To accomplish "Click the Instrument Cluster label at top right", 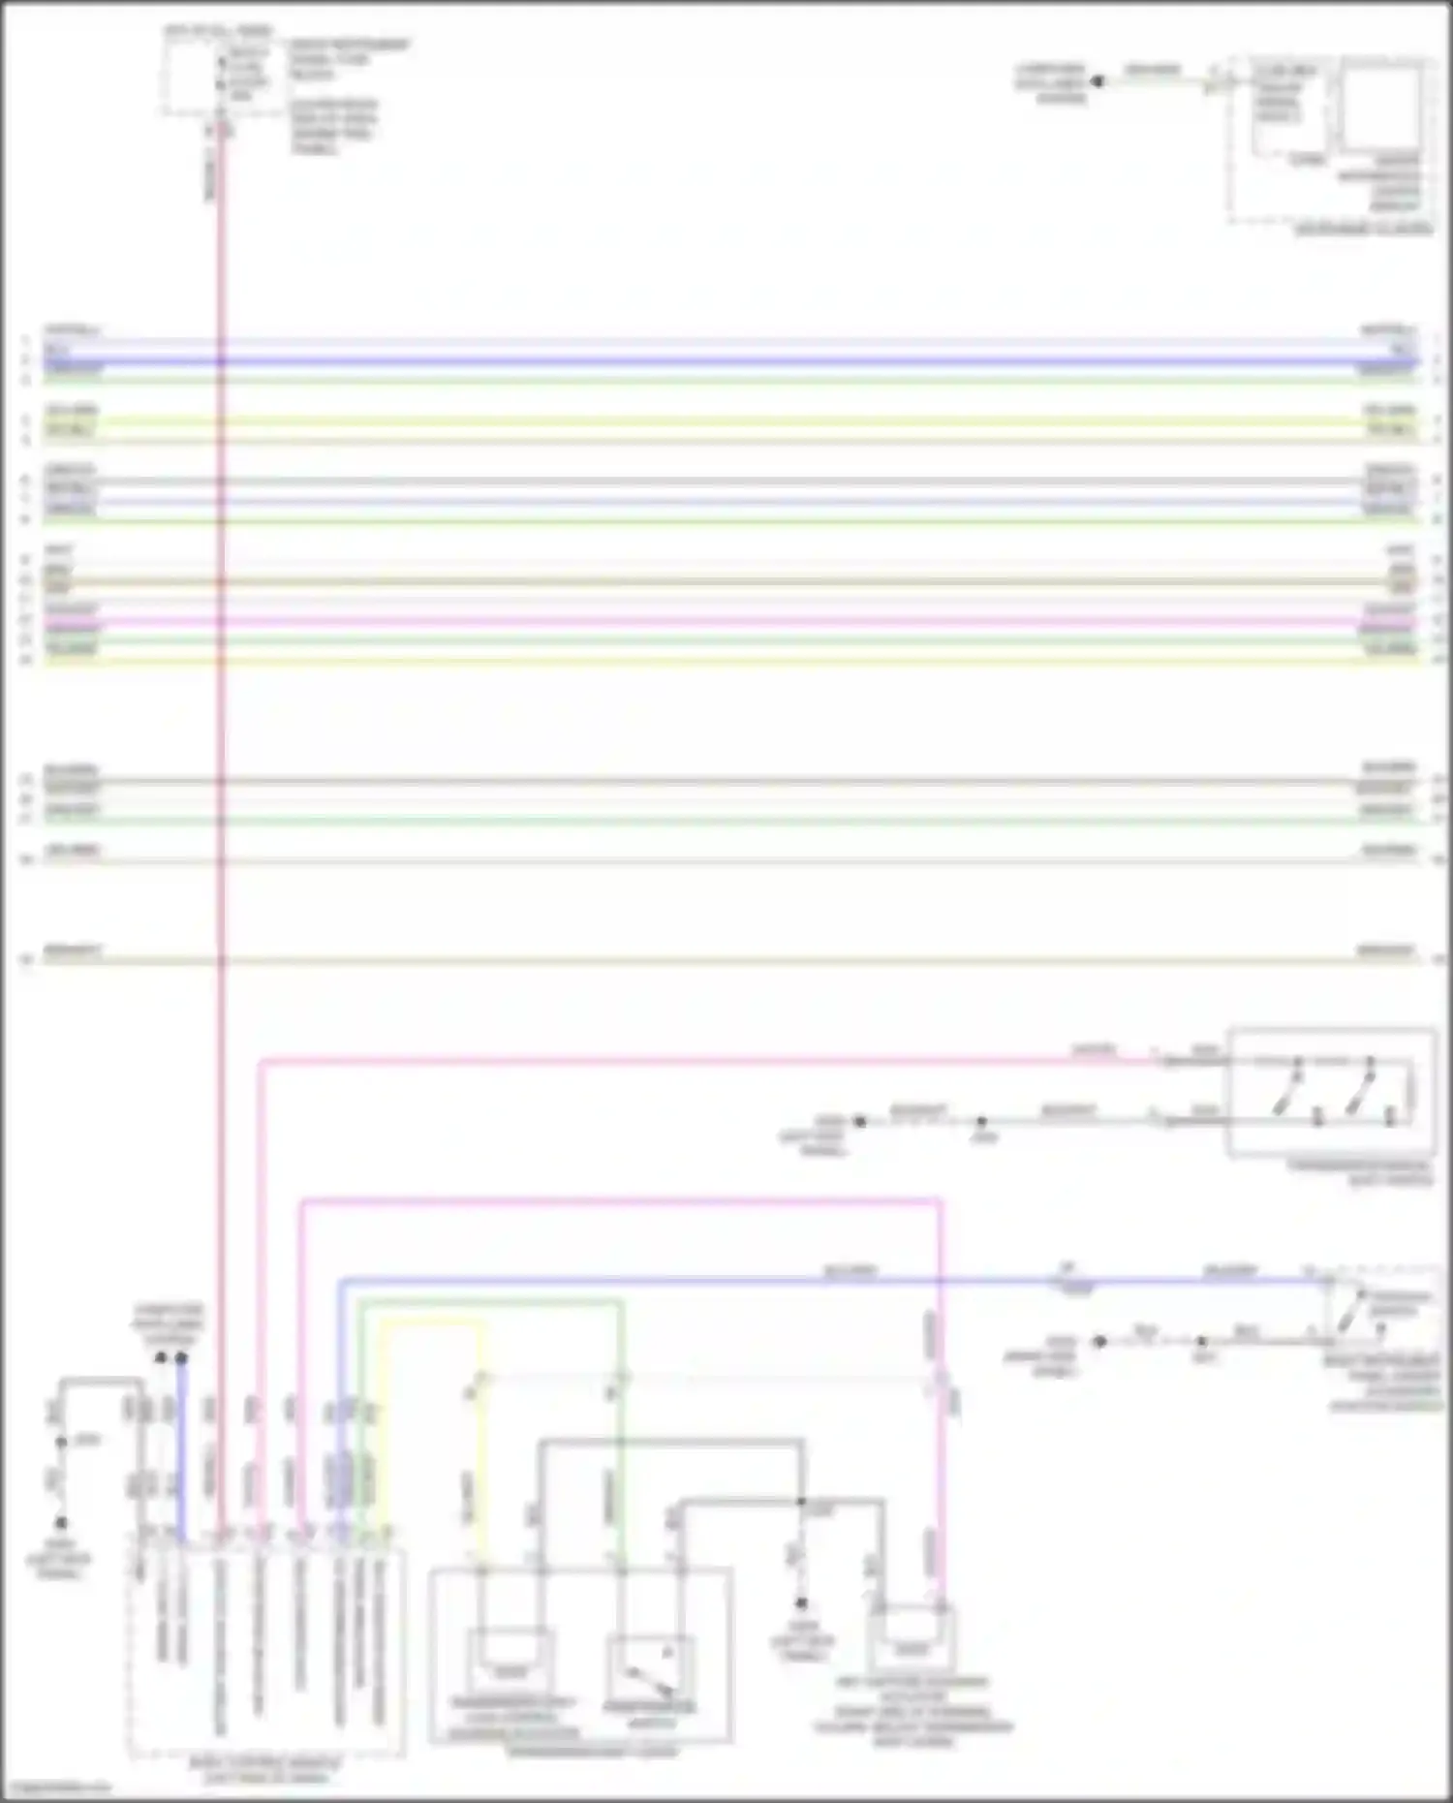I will (x=1363, y=230).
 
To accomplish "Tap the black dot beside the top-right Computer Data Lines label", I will (x=1097, y=81).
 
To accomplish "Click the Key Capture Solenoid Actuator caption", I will (x=912, y=1711).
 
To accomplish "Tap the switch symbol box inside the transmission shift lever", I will (x=649, y=1671).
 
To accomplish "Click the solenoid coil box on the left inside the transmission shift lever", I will (x=510, y=1663).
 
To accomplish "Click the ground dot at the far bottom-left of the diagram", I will (x=60, y=1522).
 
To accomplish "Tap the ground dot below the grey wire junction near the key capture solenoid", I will (x=801, y=1603).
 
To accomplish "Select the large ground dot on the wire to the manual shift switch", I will (x=859, y=1121).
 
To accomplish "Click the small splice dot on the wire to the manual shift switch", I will (x=981, y=1121).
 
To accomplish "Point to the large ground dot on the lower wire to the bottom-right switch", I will (x=1099, y=1342).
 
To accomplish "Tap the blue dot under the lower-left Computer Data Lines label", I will (x=180, y=1358).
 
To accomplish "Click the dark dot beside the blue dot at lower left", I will (x=161, y=1358).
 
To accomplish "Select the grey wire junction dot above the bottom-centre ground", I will (x=801, y=1502).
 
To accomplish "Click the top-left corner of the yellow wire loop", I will (x=382, y=1321).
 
